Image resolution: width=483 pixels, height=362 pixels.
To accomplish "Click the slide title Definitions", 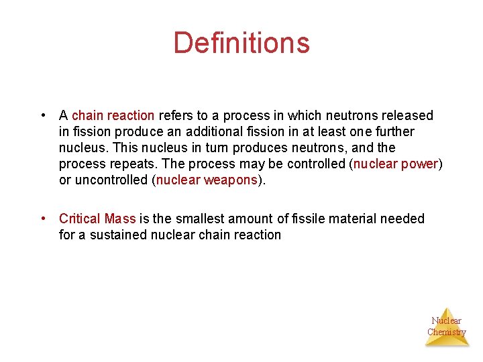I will click(x=241, y=43).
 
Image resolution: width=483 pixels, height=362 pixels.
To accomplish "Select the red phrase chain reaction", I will click(x=113, y=115).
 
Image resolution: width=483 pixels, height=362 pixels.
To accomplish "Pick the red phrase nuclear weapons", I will click(x=207, y=180).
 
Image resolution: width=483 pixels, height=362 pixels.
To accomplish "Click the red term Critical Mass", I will click(x=97, y=219).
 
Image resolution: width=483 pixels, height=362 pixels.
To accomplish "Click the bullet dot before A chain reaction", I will click(x=44, y=115).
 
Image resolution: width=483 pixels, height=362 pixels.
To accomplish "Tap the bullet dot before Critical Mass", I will click(x=44, y=219).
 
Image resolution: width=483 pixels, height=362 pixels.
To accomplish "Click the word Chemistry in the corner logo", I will click(x=447, y=332).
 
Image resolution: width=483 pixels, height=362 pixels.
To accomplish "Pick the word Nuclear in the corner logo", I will click(x=447, y=320).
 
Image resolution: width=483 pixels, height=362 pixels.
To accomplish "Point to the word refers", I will click(x=175, y=115).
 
